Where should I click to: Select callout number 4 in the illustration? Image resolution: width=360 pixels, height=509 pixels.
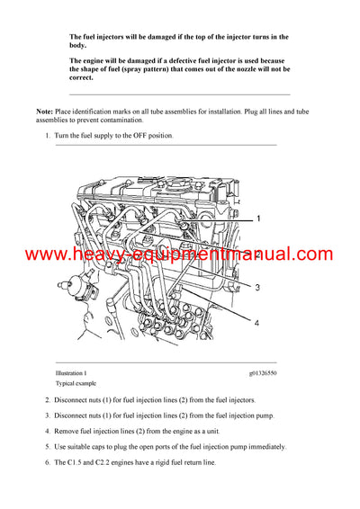256,322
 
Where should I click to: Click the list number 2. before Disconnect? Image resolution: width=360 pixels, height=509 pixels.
48,399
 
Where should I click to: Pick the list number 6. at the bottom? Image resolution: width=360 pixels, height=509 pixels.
48,461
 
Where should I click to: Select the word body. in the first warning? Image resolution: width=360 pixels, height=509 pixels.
78,45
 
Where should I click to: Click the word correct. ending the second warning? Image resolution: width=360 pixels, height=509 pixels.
82,77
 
